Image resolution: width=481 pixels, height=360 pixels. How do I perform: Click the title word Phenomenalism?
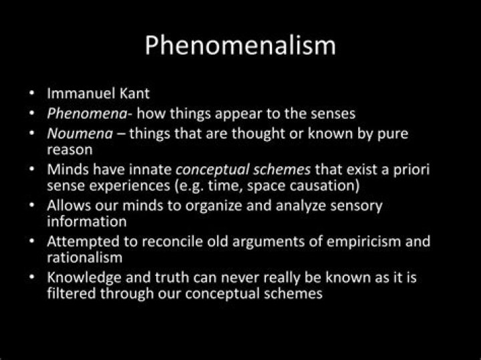(240, 46)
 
